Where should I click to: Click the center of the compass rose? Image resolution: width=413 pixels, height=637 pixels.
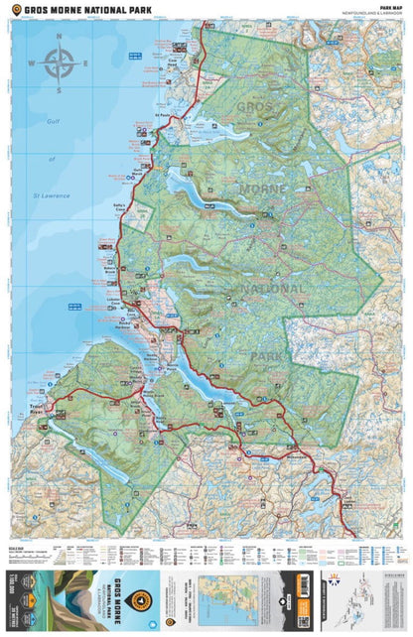click(x=58, y=65)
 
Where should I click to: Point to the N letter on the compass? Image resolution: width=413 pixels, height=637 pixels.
click(x=58, y=38)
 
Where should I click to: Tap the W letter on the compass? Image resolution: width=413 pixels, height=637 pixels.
click(x=30, y=65)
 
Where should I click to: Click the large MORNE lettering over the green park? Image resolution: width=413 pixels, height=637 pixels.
click(x=262, y=189)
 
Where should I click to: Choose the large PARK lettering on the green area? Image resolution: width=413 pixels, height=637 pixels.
click(x=266, y=354)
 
